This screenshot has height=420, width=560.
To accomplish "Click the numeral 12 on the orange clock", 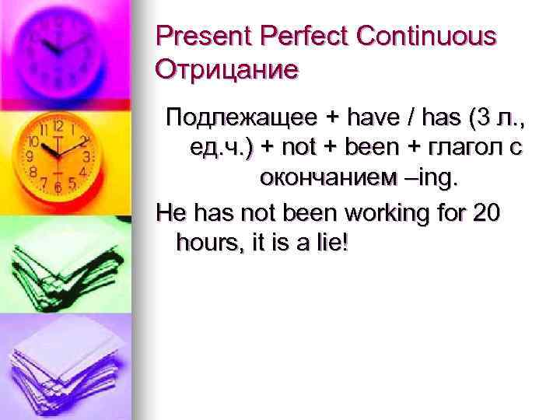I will coord(58,125).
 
